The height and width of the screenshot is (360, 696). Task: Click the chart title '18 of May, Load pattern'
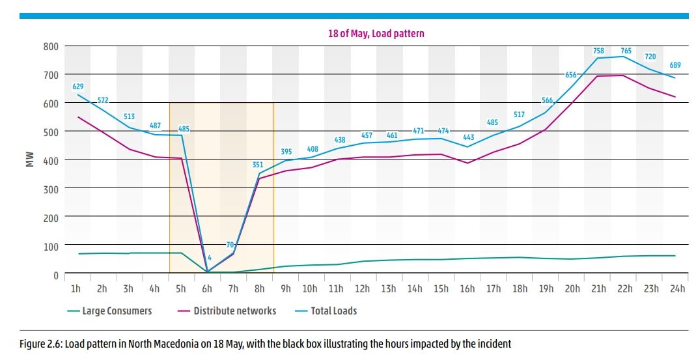[x=376, y=33]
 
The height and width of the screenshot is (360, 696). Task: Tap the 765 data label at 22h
[x=626, y=51]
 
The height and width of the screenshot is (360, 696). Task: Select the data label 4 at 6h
[x=210, y=258]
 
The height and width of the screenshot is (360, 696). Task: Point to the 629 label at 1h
[x=77, y=86]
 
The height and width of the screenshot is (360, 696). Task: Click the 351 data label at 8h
[x=258, y=165]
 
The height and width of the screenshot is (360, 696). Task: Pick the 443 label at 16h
[x=467, y=137]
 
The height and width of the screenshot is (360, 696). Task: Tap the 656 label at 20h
[x=571, y=75]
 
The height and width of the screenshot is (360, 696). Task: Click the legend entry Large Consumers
[x=117, y=311]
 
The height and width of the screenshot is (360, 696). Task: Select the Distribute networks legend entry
[x=234, y=311]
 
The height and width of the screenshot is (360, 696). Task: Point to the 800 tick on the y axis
[x=51, y=46]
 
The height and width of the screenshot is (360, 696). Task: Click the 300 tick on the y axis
[x=51, y=189]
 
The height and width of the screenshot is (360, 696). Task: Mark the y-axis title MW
[x=29, y=159]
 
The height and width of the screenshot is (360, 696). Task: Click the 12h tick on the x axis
[x=362, y=288]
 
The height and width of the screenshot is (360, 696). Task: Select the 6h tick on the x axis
[x=207, y=288]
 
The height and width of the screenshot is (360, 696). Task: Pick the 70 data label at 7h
[x=230, y=245]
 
